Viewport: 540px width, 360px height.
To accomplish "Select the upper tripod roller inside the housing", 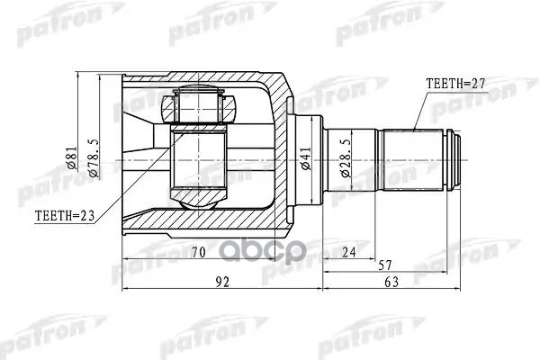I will (197, 107).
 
